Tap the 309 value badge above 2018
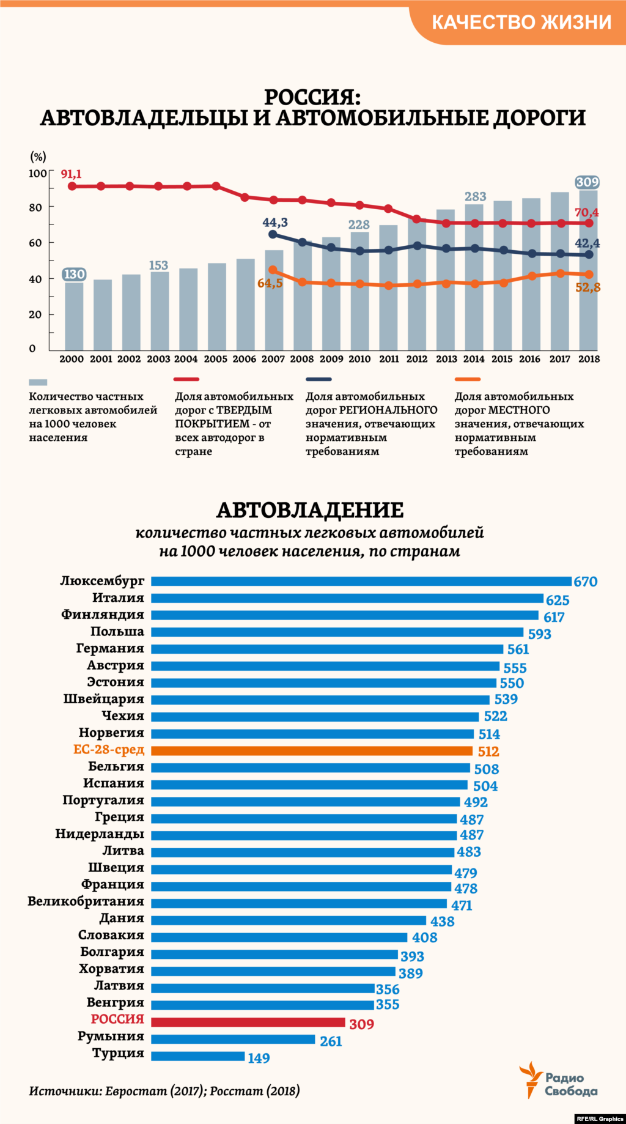pyautogui.click(x=587, y=182)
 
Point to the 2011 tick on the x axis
pyautogui.click(x=389, y=359)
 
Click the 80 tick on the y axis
pyautogui.click(x=35, y=207)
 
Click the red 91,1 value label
pyautogui.click(x=71, y=174)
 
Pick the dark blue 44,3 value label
pyautogui.click(x=275, y=223)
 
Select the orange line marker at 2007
pyautogui.click(x=273, y=270)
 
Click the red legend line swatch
pyautogui.click(x=187, y=379)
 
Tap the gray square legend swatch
pyautogui.click(x=38, y=382)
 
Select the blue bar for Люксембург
pyautogui.click(x=361, y=581)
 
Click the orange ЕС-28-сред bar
pyautogui.click(x=312, y=750)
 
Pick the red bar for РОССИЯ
pyautogui.click(x=248, y=1022)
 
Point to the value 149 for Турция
pyautogui.click(x=259, y=1058)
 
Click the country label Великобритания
pyautogui.click(x=86, y=901)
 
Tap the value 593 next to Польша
pyautogui.click(x=539, y=634)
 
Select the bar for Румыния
pyautogui.click(x=232, y=1039)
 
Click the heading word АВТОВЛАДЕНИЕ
pyautogui.click(x=310, y=510)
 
